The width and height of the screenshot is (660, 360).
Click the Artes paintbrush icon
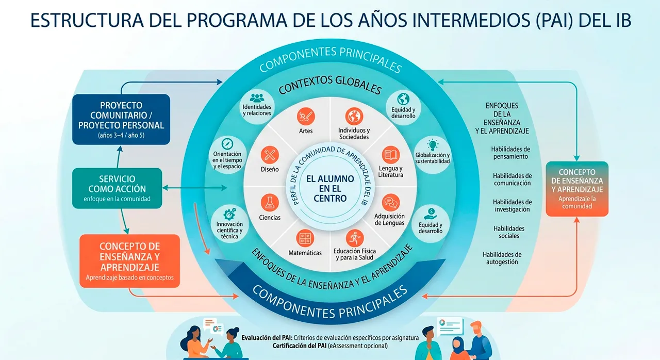click(306, 117)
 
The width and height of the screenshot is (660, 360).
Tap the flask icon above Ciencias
click(270, 203)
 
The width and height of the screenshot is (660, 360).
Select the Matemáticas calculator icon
click(305, 238)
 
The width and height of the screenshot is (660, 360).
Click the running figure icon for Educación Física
click(354, 238)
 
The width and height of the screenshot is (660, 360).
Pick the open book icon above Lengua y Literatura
click(391, 155)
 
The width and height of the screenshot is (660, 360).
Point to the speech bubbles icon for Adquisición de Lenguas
click(391, 203)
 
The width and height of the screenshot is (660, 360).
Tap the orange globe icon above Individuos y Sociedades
click(354, 117)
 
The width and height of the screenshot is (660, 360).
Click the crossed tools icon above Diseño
click(270, 155)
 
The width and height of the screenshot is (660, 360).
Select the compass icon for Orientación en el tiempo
click(227, 144)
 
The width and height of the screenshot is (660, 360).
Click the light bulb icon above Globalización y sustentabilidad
click(433, 144)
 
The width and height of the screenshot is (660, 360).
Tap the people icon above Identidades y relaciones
click(257, 98)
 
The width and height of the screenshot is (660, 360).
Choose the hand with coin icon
click(431, 214)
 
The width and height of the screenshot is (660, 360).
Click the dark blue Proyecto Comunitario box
click(121, 119)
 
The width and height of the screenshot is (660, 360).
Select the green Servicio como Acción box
click(117, 188)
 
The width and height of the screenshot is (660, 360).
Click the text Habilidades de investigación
click(513, 206)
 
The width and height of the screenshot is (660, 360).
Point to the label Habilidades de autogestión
click(502, 258)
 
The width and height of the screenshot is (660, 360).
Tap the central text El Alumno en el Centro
click(330, 189)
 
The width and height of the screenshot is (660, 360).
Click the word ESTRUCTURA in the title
click(87, 20)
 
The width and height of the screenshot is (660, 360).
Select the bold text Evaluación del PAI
click(267, 338)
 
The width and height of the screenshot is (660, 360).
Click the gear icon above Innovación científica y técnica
click(229, 214)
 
